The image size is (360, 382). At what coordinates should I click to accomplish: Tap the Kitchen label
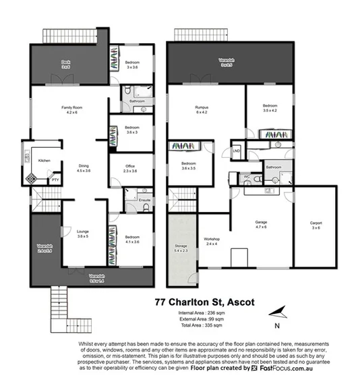44,160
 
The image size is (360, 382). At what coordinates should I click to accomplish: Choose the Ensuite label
143,200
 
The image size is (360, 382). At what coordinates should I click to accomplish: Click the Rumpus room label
202,107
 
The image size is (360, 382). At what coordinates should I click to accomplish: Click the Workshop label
212,240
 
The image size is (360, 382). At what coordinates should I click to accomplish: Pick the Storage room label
179,247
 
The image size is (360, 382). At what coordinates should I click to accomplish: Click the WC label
246,177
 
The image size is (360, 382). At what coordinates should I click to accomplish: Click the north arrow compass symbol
278,312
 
